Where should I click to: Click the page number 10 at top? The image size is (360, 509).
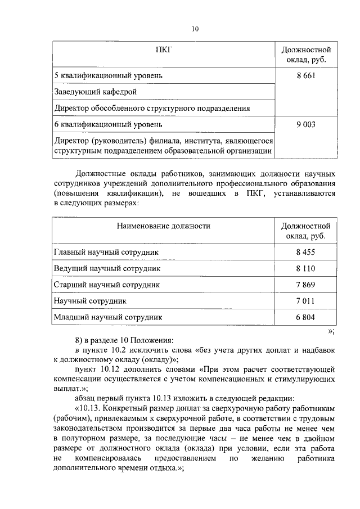pyautogui.click(x=195, y=29)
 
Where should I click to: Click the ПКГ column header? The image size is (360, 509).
pyautogui.click(x=163, y=50)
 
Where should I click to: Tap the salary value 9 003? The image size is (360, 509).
pyautogui.click(x=305, y=124)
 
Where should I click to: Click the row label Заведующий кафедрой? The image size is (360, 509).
pyautogui.click(x=95, y=91)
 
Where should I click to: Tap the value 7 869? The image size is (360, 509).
pyautogui.click(x=305, y=285)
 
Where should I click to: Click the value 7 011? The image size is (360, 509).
pyautogui.click(x=305, y=301)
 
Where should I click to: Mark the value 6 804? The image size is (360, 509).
pyautogui.click(x=305, y=317)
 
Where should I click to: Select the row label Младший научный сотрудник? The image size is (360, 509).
pyautogui.click(x=108, y=317)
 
